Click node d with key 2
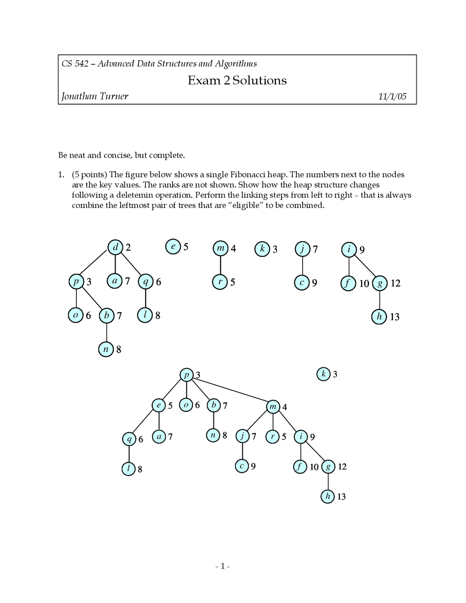click(x=115, y=248)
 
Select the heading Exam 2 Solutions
click(x=237, y=80)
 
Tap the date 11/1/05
click(x=392, y=96)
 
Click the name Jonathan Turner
click(x=95, y=96)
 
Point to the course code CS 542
click(x=75, y=64)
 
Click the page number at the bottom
click(x=222, y=566)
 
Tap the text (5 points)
click(x=89, y=175)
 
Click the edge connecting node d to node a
click(x=115, y=264)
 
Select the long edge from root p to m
click(x=229, y=391)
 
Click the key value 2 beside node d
click(x=128, y=248)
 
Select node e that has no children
click(x=173, y=247)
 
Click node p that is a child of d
click(x=76, y=282)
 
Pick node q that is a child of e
click(x=129, y=440)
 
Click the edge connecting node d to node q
click(x=130, y=264)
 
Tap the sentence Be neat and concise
click(x=122, y=155)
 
